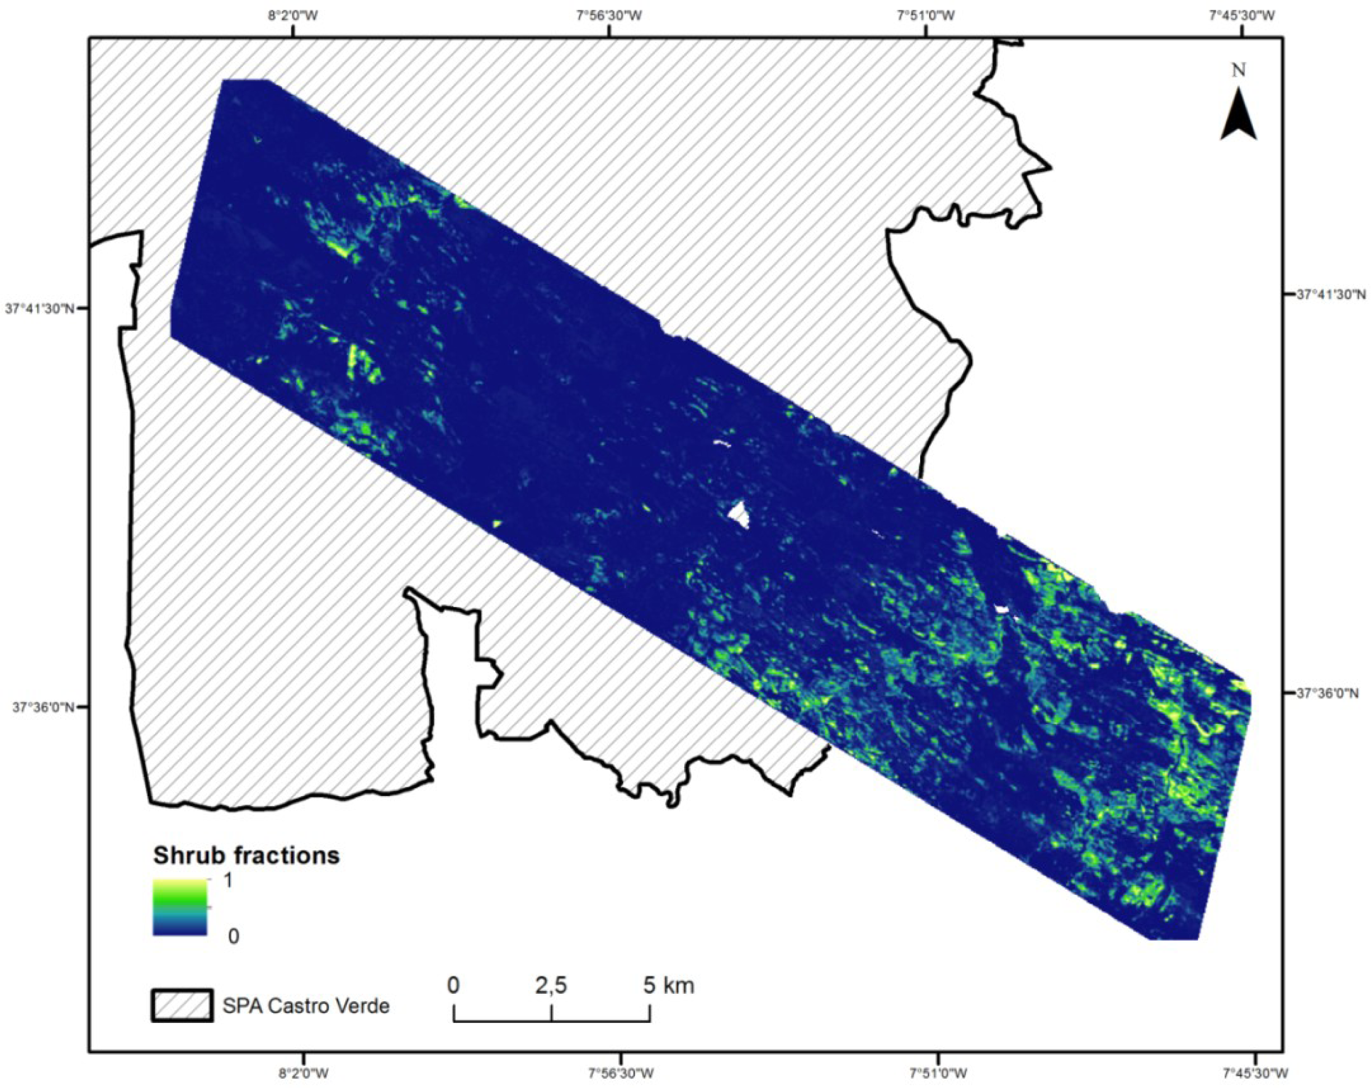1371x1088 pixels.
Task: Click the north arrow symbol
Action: click(1237, 115)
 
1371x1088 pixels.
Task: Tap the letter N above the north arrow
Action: click(1238, 71)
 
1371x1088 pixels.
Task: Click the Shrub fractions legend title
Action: click(246, 855)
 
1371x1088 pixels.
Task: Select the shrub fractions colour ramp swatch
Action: click(180, 907)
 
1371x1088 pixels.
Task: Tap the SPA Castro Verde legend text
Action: click(306, 1006)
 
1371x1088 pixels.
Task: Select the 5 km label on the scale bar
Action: click(668, 986)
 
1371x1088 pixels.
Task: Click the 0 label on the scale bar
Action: click(453, 986)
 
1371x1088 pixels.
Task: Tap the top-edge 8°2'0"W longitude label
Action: click(292, 16)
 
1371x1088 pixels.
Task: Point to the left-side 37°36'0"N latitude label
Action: click(40, 706)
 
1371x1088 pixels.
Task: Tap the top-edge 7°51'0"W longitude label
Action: click(925, 16)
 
